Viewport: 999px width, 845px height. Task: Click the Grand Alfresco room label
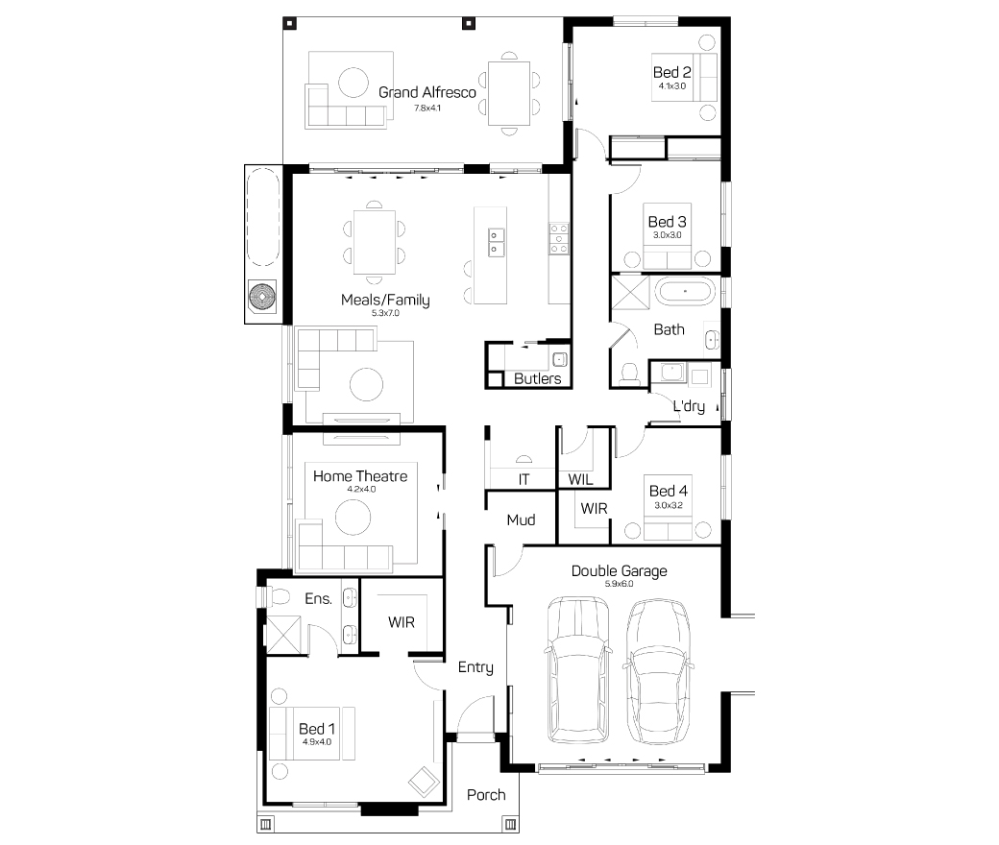click(x=426, y=92)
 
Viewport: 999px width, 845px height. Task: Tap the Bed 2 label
click(x=672, y=73)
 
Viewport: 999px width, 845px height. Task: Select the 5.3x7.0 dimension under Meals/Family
click(x=385, y=313)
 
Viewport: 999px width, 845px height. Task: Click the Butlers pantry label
click(x=537, y=379)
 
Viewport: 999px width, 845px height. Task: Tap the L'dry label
click(x=689, y=406)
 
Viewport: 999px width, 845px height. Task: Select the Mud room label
click(x=521, y=520)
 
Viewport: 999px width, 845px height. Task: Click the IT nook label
click(x=524, y=479)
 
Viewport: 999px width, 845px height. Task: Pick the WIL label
click(x=580, y=479)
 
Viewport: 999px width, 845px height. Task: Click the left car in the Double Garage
click(x=578, y=670)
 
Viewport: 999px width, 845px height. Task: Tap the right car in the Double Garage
click(x=658, y=671)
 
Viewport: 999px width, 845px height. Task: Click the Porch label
click(x=486, y=795)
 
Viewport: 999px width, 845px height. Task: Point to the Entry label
click(x=475, y=667)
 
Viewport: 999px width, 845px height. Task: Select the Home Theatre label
click(x=360, y=476)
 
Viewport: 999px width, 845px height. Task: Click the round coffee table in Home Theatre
click(x=353, y=517)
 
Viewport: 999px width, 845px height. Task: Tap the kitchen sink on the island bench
click(x=497, y=243)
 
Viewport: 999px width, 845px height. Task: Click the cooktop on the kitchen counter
click(x=559, y=239)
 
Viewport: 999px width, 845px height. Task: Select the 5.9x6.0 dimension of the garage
click(x=619, y=584)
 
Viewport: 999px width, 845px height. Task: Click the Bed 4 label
click(x=669, y=491)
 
